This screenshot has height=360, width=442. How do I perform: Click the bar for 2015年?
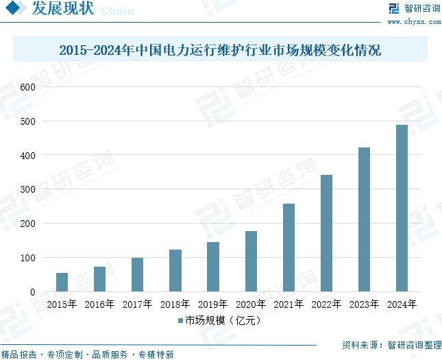[x=62, y=283]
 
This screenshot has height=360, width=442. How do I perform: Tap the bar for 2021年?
[x=288, y=248]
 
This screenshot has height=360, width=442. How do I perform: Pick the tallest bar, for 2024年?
[x=402, y=208]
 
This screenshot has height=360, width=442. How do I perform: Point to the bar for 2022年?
[x=326, y=233]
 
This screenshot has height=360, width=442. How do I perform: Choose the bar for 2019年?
[x=213, y=267]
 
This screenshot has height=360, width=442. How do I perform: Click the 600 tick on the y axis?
[x=27, y=87]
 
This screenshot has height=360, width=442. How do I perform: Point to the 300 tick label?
[x=27, y=189]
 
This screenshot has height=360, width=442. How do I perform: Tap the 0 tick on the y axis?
[x=32, y=292]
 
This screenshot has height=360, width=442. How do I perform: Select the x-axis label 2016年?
[x=99, y=304]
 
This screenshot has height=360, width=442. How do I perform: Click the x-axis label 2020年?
[x=251, y=304]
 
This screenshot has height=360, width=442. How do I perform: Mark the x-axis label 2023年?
[x=364, y=304]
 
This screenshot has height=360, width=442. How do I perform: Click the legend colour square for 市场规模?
[x=180, y=320]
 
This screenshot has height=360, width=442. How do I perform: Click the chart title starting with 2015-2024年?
[x=220, y=50]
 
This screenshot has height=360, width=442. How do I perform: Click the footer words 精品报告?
[x=19, y=355]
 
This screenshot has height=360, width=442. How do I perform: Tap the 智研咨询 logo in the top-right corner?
[x=415, y=9]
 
